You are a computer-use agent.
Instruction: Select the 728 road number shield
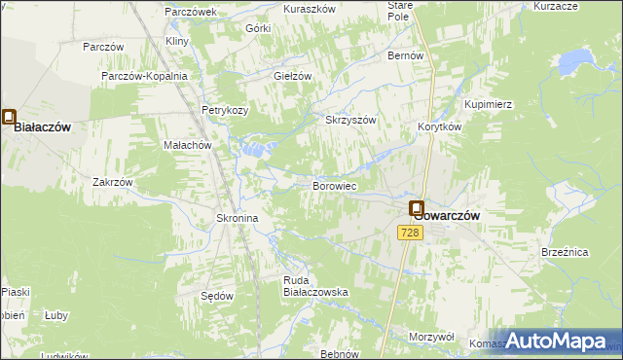(409, 232)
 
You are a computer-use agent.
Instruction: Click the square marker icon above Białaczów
(10, 118)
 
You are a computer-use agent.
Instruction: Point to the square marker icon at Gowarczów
(417, 208)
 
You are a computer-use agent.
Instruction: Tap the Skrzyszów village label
(349, 120)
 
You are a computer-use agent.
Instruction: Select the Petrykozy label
(225, 110)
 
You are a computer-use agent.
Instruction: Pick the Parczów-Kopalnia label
(143, 75)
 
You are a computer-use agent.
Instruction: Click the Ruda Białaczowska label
(315, 286)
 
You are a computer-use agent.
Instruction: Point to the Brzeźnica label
(565, 251)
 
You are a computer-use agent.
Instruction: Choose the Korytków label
(439, 126)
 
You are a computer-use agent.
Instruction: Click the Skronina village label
(237, 219)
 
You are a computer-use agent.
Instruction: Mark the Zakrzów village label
(112, 181)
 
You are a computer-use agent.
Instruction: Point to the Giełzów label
(292, 75)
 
